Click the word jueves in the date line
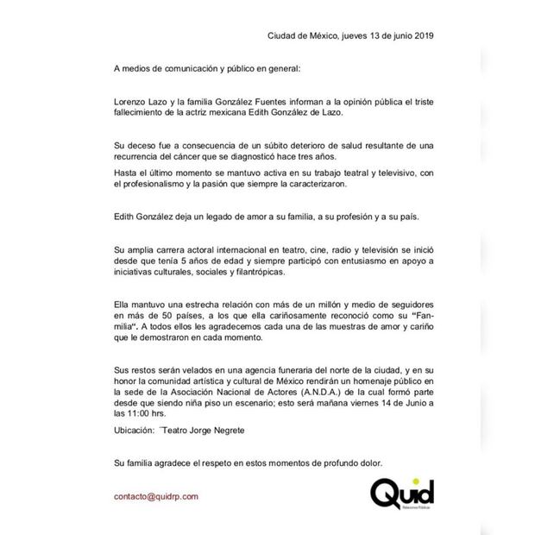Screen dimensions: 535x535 coord(343,35)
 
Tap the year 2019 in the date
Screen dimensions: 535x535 coord(420,35)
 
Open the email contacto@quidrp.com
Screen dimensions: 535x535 coord(156,496)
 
